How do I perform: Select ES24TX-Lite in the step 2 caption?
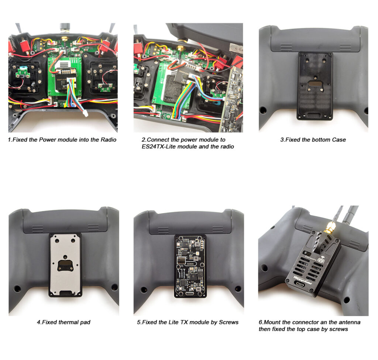point(158,147)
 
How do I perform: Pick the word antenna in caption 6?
point(348,322)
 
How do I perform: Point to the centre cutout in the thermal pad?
point(65,264)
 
